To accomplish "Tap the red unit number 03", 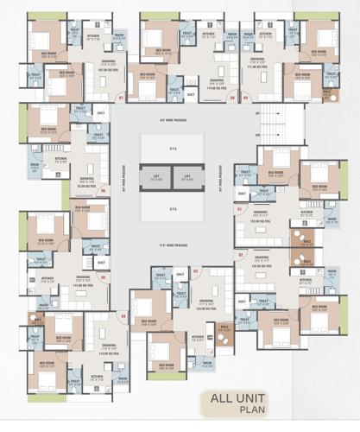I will (x=196, y=272).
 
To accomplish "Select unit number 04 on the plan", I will (x=123, y=316).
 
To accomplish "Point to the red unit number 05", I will (x=104, y=277).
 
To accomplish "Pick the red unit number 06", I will (x=104, y=190).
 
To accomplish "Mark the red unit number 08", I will (x=232, y=98).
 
